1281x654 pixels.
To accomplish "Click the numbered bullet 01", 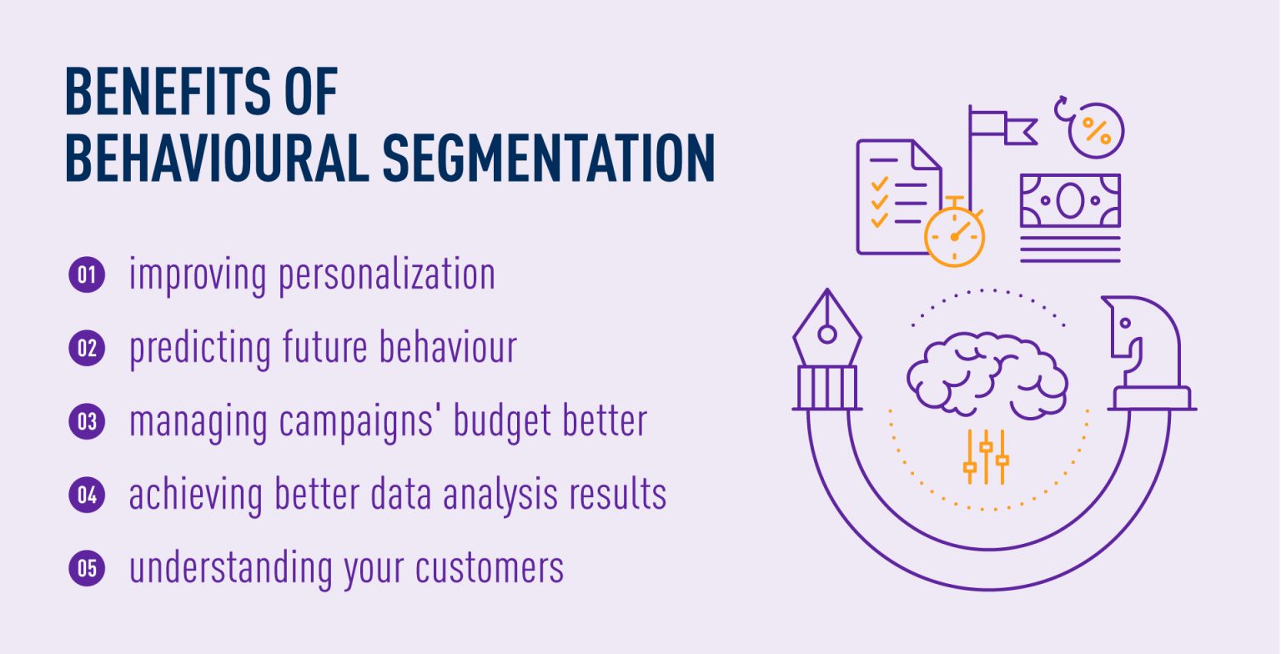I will (x=87, y=275).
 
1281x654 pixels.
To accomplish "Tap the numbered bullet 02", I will (x=87, y=348).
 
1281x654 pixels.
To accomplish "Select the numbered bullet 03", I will (x=87, y=421).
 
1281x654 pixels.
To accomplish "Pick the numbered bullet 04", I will (x=87, y=495).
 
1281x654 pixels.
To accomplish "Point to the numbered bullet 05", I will (x=87, y=568).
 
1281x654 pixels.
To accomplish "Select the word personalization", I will (x=387, y=275).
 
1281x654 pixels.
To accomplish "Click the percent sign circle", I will (x=1095, y=130).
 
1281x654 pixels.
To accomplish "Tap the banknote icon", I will (x=1070, y=200).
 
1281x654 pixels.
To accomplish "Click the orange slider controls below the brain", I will (x=986, y=457).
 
